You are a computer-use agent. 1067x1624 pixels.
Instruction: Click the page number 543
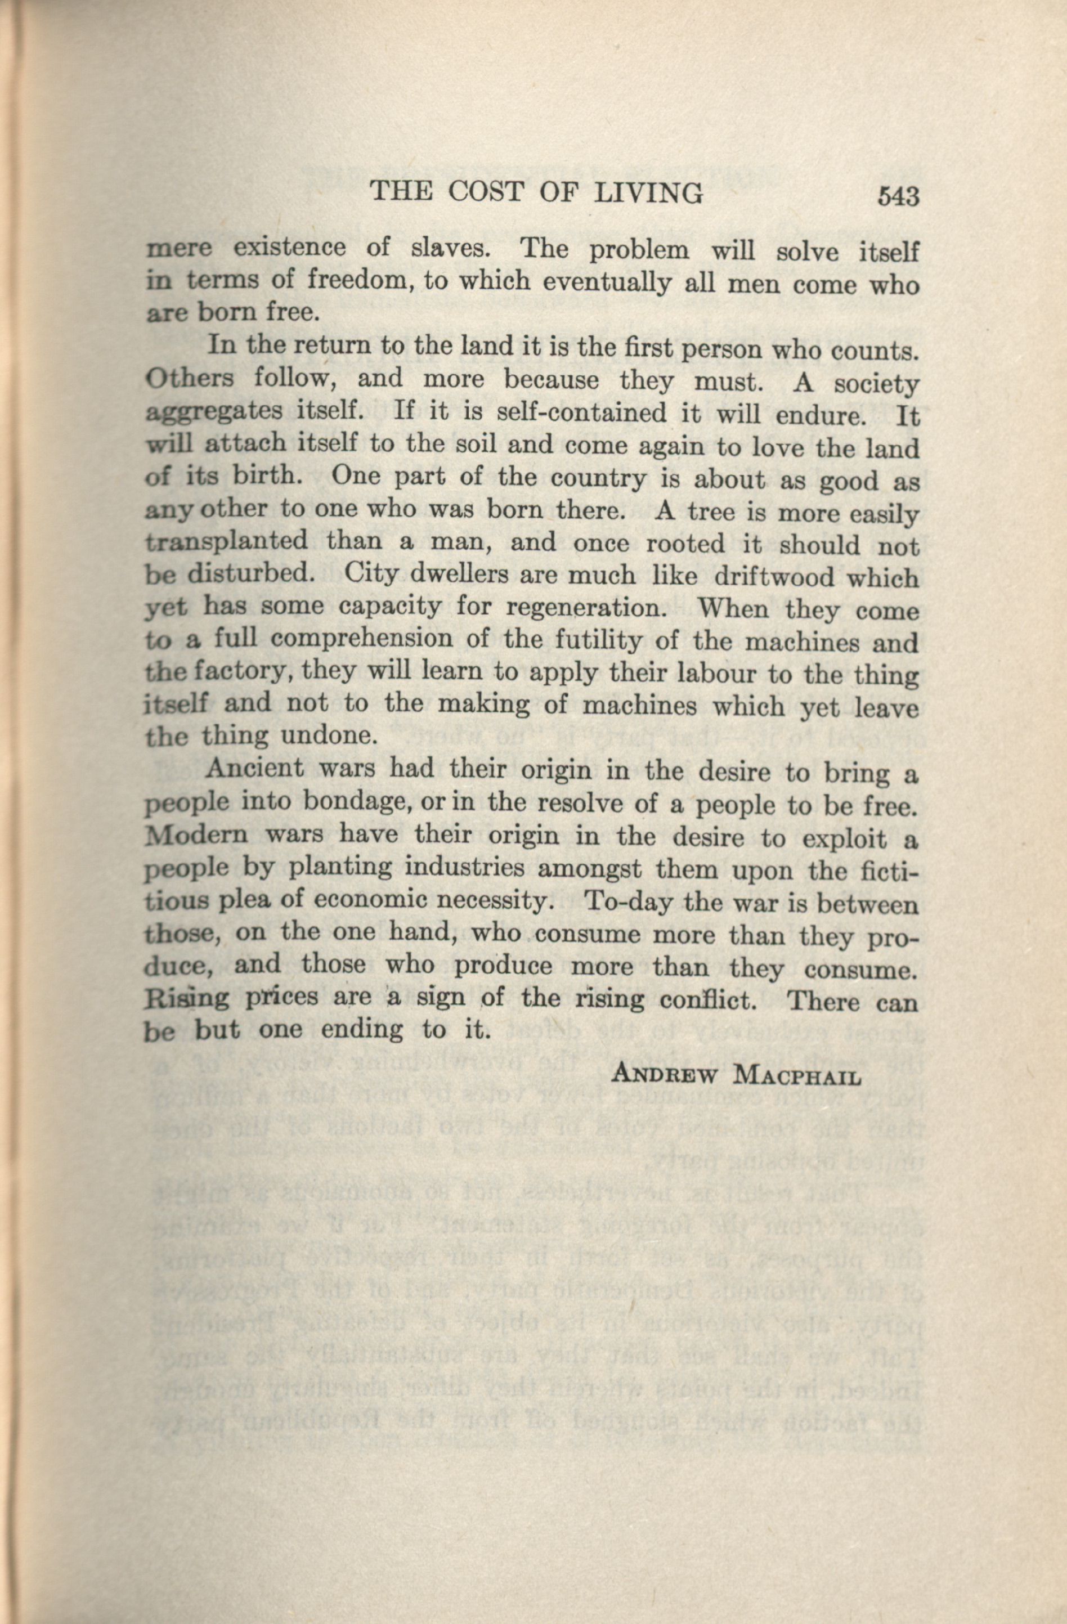pyautogui.click(x=899, y=196)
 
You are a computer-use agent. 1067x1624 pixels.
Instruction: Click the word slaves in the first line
pyautogui.click(x=450, y=247)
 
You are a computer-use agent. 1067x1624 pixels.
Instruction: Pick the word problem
pyautogui.click(x=639, y=250)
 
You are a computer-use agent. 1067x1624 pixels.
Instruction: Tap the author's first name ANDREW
pyautogui.click(x=666, y=1075)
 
